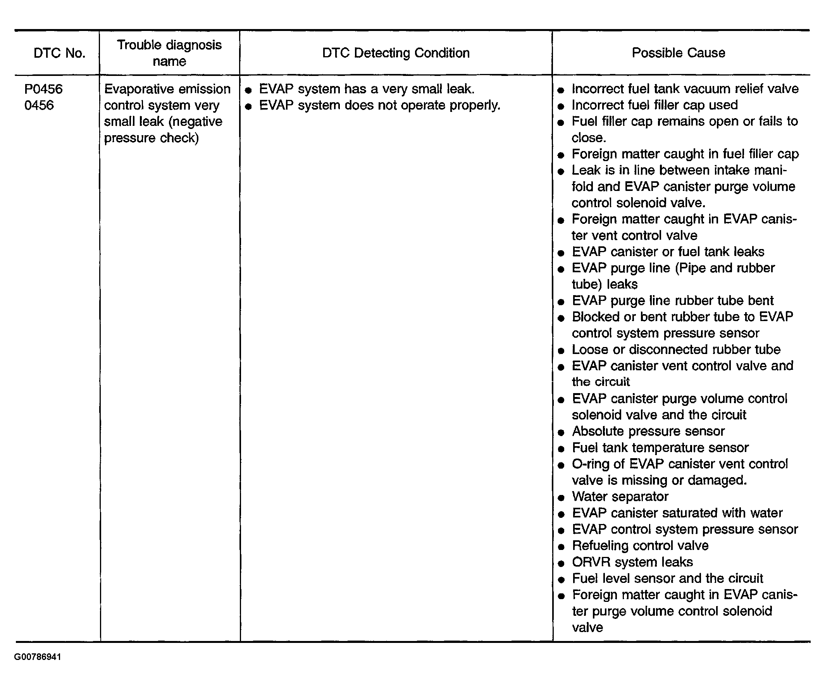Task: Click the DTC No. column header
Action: point(59,53)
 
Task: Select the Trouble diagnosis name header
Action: point(169,53)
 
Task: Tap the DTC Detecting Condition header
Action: point(396,53)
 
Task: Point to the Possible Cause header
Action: point(679,53)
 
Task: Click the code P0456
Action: point(43,89)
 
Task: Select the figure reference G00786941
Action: point(38,657)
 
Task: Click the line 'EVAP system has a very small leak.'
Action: point(367,89)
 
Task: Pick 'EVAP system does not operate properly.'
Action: point(379,105)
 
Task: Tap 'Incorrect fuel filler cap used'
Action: point(654,105)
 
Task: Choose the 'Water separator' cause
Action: point(620,497)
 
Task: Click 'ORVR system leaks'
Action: point(632,562)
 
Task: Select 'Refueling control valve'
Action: point(640,545)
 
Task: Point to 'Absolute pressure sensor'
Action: point(648,431)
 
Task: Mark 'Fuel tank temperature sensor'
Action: point(660,448)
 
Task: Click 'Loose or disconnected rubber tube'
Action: point(676,349)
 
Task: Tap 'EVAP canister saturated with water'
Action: point(677,513)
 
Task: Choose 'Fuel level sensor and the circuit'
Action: point(667,578)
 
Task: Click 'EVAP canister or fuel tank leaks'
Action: point(668,252)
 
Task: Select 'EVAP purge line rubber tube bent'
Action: point(673,301)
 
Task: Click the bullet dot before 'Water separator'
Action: point(561,498)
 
